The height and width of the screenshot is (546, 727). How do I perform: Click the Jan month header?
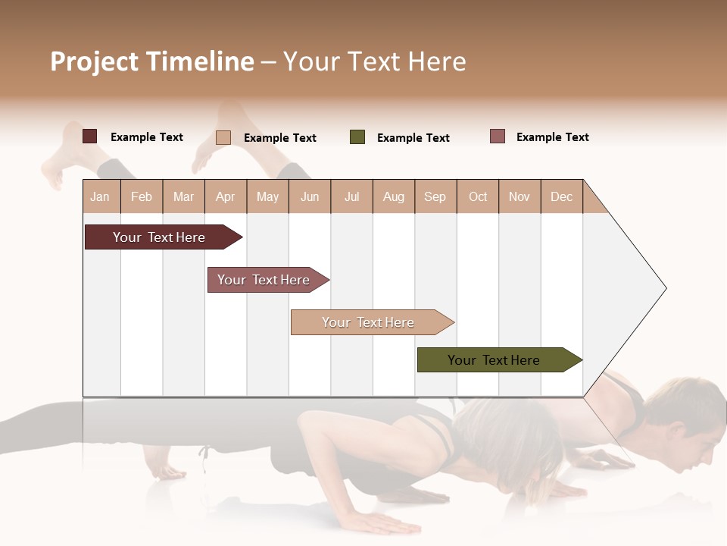[x=100, y=196]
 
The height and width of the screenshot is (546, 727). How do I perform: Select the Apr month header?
[x=225, y=196]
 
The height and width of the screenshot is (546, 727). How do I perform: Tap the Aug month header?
[x=393, y=196]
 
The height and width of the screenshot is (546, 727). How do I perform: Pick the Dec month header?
[x=561, y=196]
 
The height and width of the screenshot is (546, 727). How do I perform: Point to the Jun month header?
[x=310, y=196]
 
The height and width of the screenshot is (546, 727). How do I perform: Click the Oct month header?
[x=478, y=196]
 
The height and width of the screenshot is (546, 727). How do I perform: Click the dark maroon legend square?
[x=89, y=136]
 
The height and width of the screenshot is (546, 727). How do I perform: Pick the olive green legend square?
[x=357, y=137]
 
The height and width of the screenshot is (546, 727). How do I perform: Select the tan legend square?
[x=223, y=137]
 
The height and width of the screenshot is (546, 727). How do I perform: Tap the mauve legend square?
[x=498, y=136]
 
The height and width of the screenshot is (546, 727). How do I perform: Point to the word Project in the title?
[x=95, y=61]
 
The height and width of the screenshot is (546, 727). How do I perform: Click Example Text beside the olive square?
[x=413, y=138]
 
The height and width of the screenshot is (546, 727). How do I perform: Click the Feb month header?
[x=142, y=196]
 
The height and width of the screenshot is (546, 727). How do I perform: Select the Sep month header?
[x=435, y=196]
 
